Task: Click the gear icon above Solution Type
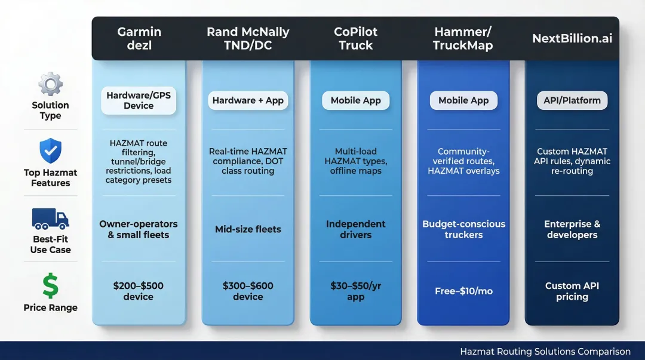click(50, 84)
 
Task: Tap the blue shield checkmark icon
click(50, 150)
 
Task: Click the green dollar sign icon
click(50, 286)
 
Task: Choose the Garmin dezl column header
click(139, 38)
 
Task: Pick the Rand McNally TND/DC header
click(248, 38)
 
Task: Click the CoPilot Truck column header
click(355, 38)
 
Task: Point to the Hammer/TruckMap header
click(463, 38)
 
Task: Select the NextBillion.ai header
click(572, 38)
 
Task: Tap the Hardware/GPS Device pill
click(139, 100)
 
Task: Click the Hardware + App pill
click(248, 100)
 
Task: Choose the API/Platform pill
click(572, 100)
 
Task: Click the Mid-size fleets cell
click(248, 229)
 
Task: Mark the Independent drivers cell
click(355, 229)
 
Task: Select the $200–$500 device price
click(139, 291)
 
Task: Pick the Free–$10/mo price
click(463, 291)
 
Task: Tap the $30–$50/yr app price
click(355, 291)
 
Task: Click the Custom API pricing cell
click(572, 291)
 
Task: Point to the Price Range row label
click(50, 308)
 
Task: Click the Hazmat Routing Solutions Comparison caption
click(545, 352)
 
